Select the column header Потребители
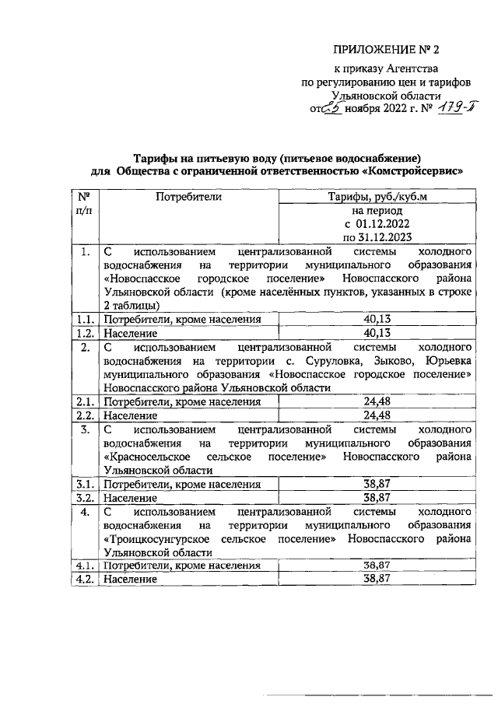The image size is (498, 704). (x=188, y=198)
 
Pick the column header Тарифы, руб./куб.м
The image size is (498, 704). (x=377, y=198)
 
